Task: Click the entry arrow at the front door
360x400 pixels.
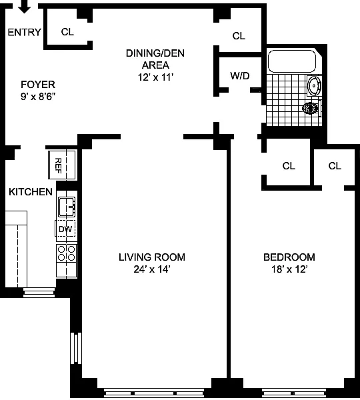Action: pyautogui.click(x=25, y=6)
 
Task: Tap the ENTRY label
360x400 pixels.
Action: pyautogui.click(x=24, y=32)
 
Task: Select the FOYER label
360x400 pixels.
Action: pyautogui.click(x=38, y=85)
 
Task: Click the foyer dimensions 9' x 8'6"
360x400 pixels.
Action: pyautogui.click(x=38, y=97)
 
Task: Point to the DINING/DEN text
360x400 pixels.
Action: pyautogui.click(x=155, y=53)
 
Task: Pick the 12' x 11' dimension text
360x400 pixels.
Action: pyautogui.click(x=155, y=77)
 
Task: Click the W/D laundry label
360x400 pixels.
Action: pyautogui.click(x=240, y=76)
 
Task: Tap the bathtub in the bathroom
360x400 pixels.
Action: pyautogui.click(x=292, y=61)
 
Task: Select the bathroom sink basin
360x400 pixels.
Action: pyautogui.click(x=314, y=86)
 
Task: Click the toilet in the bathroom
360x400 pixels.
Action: pyautogui.click(x=312, y=109)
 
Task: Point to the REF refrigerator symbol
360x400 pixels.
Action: pyautogui.click(x=62, y=165)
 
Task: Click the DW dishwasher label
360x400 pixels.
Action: pyautogui.click(x=65, y=229)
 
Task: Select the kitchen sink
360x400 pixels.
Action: pyautogui.click(x=67, y=207)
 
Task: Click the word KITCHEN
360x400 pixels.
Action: pyautogui.click(x=31, y=192)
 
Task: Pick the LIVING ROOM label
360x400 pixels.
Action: pyautogui.click(x=152, y=257)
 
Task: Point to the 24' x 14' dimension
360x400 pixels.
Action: pyautogui.click(x=152, y=269)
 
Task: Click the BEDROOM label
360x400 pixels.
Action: pyautogui.click(x=289, y=257)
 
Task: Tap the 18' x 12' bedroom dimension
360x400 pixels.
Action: pyautogui.click(x=289, y=269)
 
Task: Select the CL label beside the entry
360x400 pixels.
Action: pyautogui.click(x=67, y=32)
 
